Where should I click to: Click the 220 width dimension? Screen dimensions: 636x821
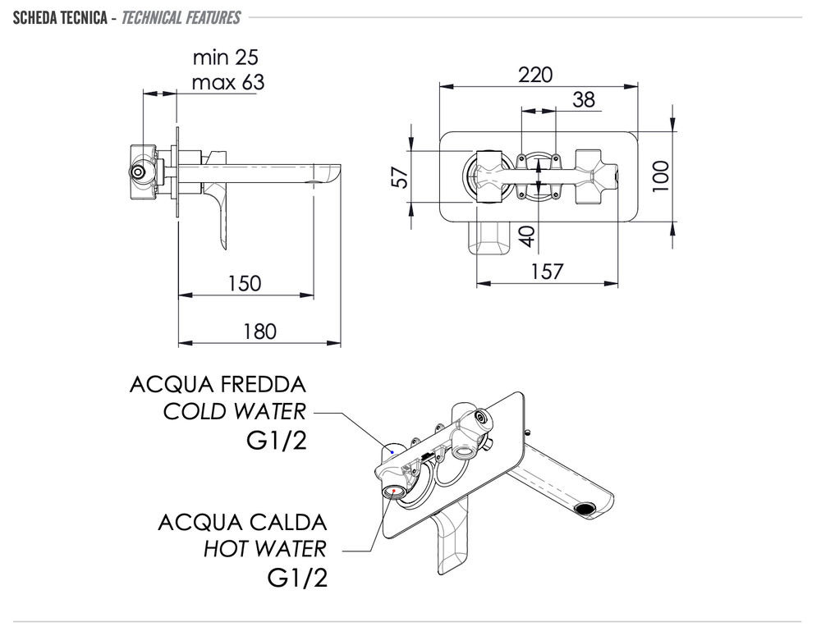tap(535, 75)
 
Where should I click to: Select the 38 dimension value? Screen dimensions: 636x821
tap(584, 100)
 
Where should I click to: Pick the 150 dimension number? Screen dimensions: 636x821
tap(245, 283)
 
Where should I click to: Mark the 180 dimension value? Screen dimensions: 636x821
tap(259, 332)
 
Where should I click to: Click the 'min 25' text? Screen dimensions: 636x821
tap(226, 57)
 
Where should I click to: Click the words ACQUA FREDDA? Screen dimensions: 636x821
tap(218, 385)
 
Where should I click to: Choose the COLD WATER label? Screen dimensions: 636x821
tap(234, 411)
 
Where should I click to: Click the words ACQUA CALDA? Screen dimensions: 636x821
tap(242, 522)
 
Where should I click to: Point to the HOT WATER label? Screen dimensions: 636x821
tap(264, 548)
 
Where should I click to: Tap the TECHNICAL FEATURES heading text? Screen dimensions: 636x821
tap(181, 17)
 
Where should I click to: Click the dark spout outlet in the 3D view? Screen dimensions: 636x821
tap(586, 509)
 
